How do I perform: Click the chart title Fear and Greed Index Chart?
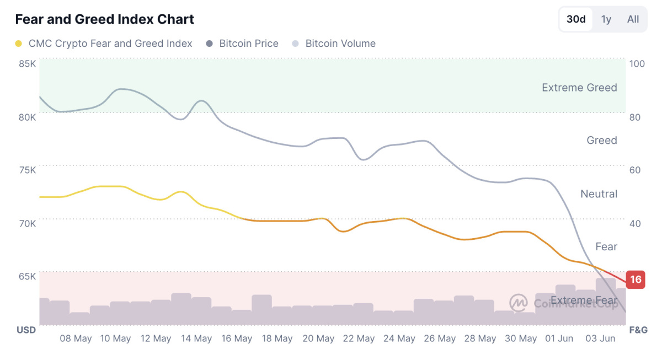click(x=105, y=19)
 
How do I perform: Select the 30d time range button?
click(x=576, y=19)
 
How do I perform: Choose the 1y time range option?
click(x=606, y=19)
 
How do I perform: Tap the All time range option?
click(x=633, y=19)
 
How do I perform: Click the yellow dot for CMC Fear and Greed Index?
click(x=18, y=44)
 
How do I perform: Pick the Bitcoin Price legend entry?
click(x=242, y=44)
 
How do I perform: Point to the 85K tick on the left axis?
click(x=27, y=64)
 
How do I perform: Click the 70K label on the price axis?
click(x=27, y=224)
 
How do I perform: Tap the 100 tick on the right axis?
click(x=637, y=64)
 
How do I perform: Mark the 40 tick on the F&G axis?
click(x=635, y=224)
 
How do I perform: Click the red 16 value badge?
click(x=636, y=280)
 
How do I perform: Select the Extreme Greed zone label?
click(x=579, y=88)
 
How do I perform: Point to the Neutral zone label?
click(x=599, y=194)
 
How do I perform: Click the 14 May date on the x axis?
click(x=196, y=338)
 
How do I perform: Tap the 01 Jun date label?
click(x=559, y=338)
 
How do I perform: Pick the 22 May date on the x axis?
click(x=359, y=338)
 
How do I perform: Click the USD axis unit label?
click(x=26, y=330)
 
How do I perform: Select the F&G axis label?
click(x=638, y=330)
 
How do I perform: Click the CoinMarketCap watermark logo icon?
click(x=519, y=303)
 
